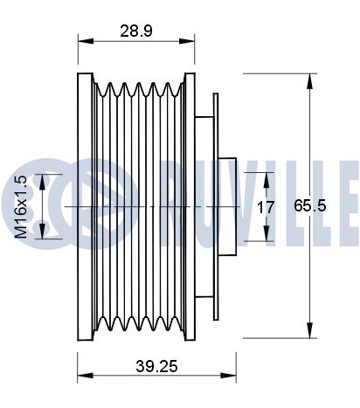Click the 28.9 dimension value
pos(136,31)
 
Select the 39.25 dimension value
pos(156,366)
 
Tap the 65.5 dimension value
pos(309,205)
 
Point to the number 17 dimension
pos(266,207)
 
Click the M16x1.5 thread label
pos(21,207)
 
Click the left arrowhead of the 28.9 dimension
pos(86,41)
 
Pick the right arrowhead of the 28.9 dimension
pos(187,41)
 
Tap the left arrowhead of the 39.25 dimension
pos(85,375)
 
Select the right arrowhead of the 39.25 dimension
pos(228,375)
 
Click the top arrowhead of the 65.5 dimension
pos(309,81)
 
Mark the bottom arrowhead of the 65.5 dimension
pos(309,330)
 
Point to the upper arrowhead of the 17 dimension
pos(267,180)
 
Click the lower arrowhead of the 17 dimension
pos(267,233)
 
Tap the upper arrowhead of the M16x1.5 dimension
pos(42,182)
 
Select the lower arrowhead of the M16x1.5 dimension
pos(42,232)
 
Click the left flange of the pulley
pos(85,206)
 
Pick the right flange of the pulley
pos(190,206)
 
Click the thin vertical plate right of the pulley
pos(216,206)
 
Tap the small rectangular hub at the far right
pos(227,206)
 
